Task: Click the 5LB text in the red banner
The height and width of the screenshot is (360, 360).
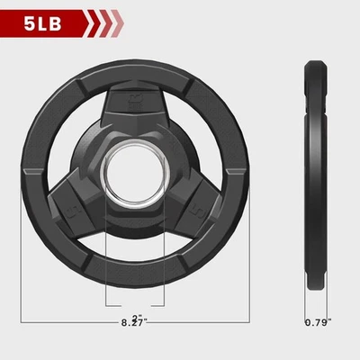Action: coord(43,24)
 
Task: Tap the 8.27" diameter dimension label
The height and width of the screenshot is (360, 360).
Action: coord(134,323)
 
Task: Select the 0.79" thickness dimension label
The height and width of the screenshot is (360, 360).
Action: coord(318,323)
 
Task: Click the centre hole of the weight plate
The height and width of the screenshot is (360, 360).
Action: coord(135,174)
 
